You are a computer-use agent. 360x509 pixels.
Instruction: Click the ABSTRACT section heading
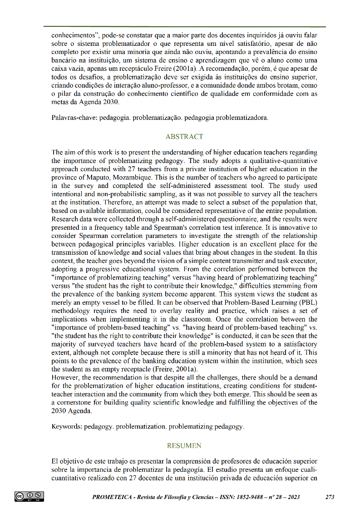point(184,136)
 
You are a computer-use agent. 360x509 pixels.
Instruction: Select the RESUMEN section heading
point(184,446)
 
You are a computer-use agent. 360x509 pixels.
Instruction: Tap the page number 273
point(330,497)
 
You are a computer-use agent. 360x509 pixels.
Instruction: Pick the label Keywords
point(67,427)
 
